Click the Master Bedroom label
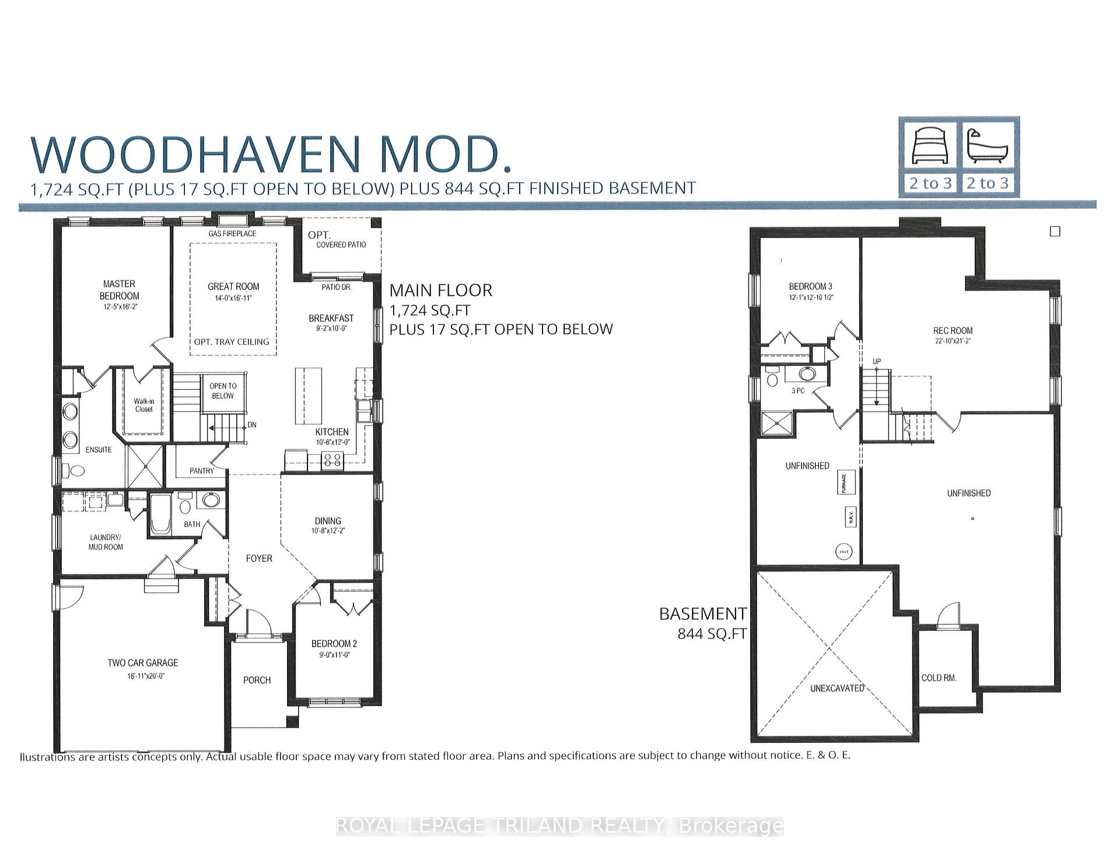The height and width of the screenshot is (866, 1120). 120,289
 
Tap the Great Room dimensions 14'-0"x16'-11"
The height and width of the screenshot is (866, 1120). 233,298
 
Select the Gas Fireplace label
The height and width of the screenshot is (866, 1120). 232,233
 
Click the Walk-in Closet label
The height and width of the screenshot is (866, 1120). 143,405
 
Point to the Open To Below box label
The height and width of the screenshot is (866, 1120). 222,391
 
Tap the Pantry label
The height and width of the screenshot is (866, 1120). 201,470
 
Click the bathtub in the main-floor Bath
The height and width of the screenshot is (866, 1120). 159,514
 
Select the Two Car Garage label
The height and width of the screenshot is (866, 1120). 143,662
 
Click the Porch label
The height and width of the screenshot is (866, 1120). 257,680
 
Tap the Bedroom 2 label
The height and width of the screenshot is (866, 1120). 334,644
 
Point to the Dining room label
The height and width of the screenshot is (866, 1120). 328,521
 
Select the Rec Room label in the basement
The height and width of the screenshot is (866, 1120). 953,330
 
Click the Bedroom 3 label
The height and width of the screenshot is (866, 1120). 810,287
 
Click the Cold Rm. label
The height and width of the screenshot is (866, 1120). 939,678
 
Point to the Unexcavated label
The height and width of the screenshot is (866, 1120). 837,688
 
